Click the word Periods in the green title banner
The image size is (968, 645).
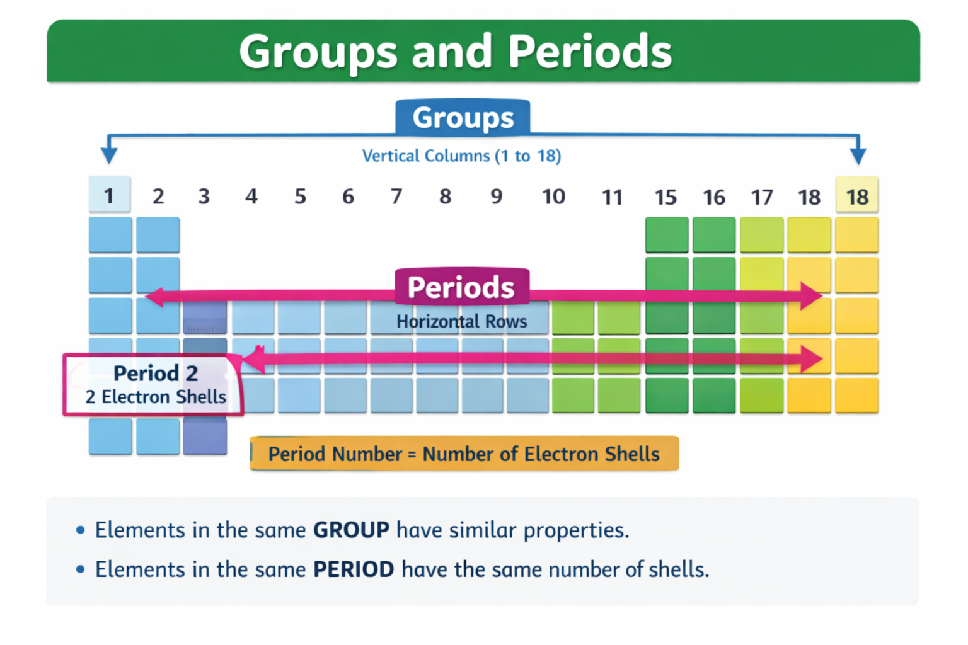(x=590, y=52)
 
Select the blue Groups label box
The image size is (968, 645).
(x=463, y=118)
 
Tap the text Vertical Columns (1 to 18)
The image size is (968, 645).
(x=461, y=156)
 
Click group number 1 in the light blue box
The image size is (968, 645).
(x=109, y=196)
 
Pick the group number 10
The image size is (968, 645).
(x=553, y=197)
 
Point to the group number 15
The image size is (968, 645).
(x=665, y=197)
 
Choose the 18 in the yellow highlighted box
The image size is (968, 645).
(x=857, y=197)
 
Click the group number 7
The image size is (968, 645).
(x=396, y=197)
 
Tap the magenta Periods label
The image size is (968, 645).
(x=461, y=287)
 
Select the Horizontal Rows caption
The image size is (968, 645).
(x=461, y=321)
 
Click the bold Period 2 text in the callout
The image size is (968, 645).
(x=155, y=374)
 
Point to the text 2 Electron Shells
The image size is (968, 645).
(x=155, y=397)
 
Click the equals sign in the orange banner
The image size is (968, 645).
(x=412, y=454)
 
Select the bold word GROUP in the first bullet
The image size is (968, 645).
(x=351, y=530)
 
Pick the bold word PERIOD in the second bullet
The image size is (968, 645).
(x=354, y=569)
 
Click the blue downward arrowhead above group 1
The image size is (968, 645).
(x=109, y=155)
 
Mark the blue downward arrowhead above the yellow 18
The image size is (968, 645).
(x=858, y=155)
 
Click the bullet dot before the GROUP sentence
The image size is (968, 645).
(x=80, y=530)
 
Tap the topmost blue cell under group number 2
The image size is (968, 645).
(x=158, y=234)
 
